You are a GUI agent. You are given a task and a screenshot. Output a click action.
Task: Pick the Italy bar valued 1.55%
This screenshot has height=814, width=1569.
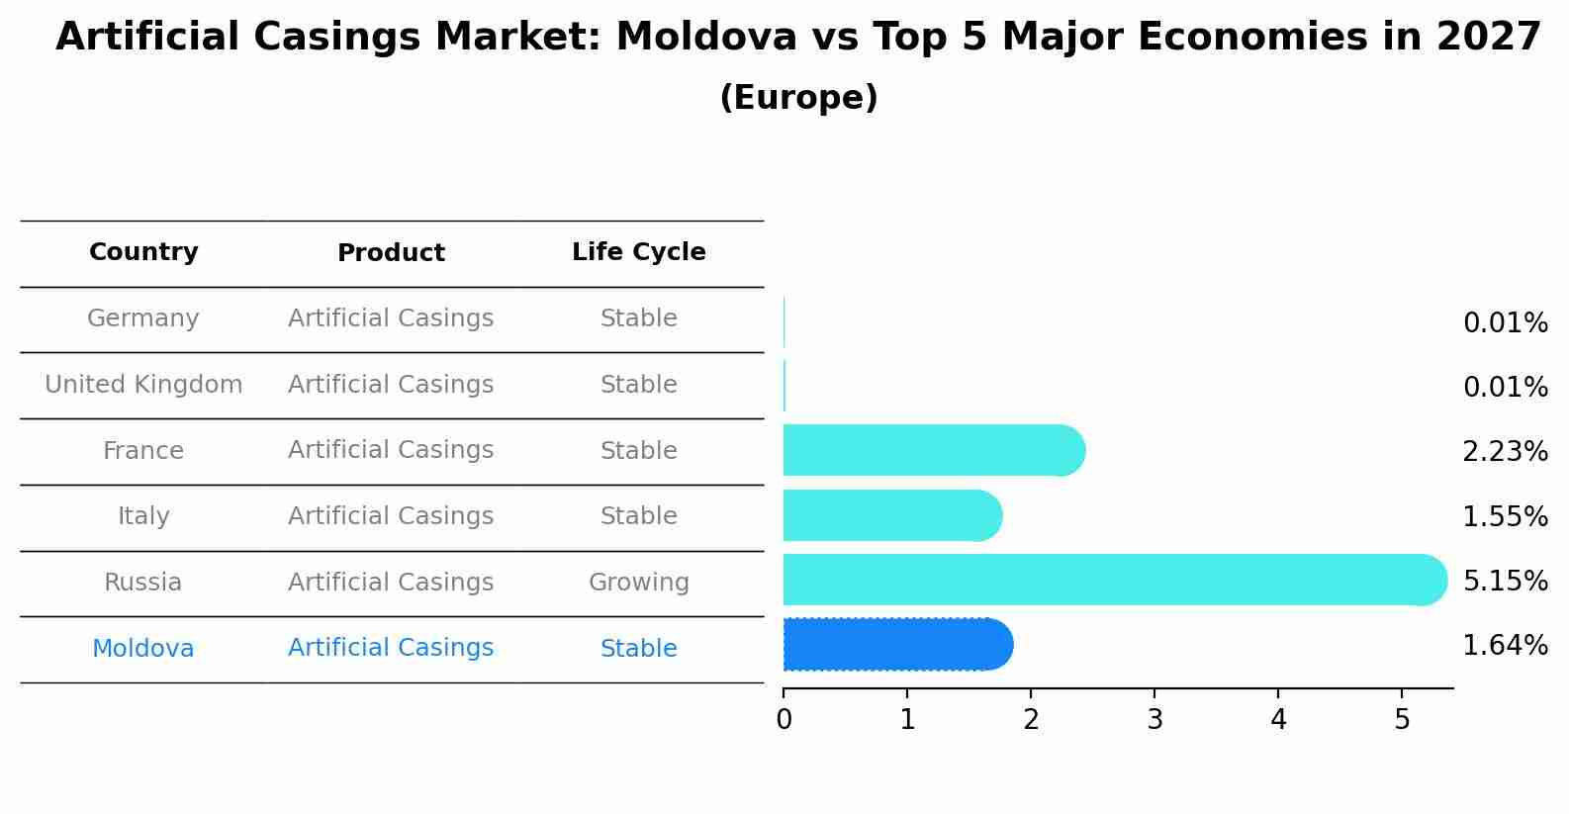pos(891,515)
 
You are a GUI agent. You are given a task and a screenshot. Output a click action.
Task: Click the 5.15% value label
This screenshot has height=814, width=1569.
pos(1505,581)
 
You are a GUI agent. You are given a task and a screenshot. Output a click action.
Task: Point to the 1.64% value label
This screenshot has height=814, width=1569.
pos(1505,646)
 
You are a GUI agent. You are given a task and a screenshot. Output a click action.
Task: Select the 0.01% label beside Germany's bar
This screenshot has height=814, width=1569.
pos(1505,323)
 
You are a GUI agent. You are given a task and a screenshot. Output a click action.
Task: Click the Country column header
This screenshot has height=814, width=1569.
pos(143,252)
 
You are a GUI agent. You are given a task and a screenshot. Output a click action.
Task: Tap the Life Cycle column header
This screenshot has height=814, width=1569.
pos(638,252)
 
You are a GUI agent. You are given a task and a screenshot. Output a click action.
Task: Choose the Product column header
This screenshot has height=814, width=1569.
pos(391,253)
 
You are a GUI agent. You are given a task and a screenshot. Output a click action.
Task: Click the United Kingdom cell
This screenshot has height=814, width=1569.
pos(143,385)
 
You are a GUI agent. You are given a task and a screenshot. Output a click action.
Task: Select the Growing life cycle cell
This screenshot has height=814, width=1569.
pos(638,583)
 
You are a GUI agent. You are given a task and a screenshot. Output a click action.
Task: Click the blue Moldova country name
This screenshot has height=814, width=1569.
pos(143,649)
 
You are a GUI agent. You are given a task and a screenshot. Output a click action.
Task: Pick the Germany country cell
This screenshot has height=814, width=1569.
pos(143,318)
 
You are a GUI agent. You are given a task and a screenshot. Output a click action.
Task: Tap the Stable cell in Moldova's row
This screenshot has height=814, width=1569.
pos(638,649)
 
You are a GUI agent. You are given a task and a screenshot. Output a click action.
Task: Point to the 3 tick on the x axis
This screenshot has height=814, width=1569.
pos(1154,720)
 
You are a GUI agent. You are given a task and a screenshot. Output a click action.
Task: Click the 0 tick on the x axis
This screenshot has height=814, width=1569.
pos(784,720)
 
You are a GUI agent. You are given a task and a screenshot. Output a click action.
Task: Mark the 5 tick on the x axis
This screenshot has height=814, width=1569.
pos(1402,720)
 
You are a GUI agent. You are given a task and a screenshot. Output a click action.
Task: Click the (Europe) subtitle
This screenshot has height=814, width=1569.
pos(798,98)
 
